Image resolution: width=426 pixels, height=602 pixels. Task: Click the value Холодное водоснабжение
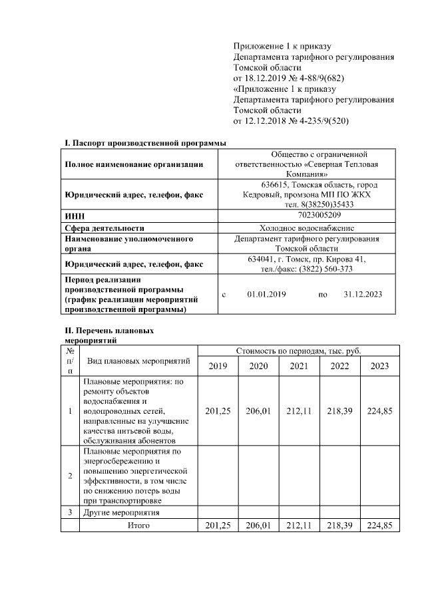(307, 227)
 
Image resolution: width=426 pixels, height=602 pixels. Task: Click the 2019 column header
(218, 366)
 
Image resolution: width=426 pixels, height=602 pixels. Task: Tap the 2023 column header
(379, 366)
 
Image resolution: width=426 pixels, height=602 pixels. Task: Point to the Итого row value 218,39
(339, 526)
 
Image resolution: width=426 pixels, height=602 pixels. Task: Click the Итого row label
(138, 526)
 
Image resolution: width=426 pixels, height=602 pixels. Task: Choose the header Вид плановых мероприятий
(138, 361)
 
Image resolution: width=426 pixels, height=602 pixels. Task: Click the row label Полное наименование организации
(134, 164)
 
